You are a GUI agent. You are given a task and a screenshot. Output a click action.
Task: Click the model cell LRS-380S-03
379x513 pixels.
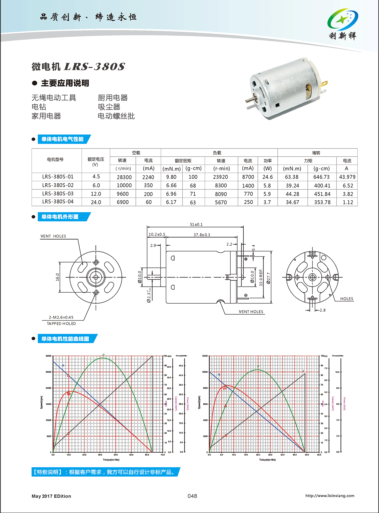point(58,194)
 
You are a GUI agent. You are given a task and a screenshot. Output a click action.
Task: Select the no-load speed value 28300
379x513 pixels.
point(124,177)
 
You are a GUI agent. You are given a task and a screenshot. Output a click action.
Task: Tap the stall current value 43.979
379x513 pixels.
point(347,177)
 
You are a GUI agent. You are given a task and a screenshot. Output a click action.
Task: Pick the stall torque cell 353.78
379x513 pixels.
point(322,202)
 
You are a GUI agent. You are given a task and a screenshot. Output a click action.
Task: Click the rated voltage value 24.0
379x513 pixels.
point(96,202)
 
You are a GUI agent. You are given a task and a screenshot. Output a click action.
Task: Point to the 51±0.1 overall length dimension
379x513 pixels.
point(196,224)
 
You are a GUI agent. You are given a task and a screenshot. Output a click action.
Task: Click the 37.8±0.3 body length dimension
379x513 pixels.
point(202,235)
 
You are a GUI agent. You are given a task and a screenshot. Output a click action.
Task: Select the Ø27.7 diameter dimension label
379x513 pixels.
point(268,278)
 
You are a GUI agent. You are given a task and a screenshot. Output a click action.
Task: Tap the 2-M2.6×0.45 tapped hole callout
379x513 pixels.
point(61,317)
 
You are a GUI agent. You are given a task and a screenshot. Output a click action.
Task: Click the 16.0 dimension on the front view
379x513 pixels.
point(57,277)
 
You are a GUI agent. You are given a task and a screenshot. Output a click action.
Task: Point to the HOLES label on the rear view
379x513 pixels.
point(346,299)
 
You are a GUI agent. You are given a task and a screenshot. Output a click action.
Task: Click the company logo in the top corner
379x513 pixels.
point(343,24)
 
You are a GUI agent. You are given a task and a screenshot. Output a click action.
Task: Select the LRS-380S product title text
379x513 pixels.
point(94,67)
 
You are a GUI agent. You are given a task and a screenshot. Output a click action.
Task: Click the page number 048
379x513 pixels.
point(192,496)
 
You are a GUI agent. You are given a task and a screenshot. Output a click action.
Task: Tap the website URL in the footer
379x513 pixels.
point(330,496)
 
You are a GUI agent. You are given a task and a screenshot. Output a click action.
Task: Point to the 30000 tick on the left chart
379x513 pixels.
point(48,356)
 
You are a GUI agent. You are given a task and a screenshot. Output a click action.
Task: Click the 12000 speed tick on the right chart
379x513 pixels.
point(205,356)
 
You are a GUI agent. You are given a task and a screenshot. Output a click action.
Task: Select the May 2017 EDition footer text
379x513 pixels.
point(51,496)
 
